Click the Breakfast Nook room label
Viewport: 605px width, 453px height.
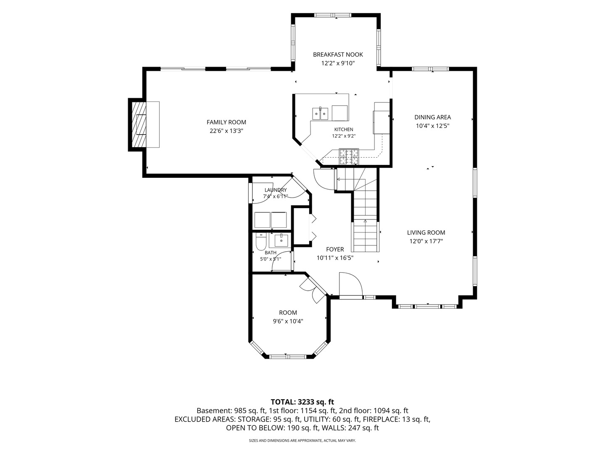[338, 55]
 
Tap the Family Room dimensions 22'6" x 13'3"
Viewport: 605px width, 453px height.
[226, 131]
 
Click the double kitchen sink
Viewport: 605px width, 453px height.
[320, 114]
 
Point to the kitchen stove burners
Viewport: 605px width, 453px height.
[349, 156]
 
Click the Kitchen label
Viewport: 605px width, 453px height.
[344, 129]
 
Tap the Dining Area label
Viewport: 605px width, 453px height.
[432, 117]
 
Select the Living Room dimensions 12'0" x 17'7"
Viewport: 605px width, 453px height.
[426, 241]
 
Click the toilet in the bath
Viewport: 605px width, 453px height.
[261, 242]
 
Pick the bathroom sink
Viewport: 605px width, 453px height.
[281, 240]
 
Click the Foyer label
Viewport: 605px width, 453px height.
[335, 249]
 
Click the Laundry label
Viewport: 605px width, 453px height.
[276, 190]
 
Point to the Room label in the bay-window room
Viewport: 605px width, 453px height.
[288, 312]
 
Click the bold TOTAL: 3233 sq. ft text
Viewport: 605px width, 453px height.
[302, 402]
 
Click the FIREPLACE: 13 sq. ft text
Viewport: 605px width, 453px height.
[396, 419]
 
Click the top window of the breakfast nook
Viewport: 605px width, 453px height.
[333, 15]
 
